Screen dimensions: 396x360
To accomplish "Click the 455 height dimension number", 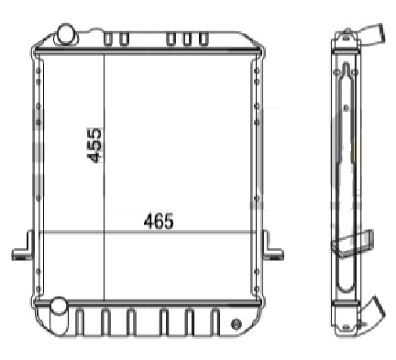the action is click(x=93, y=145).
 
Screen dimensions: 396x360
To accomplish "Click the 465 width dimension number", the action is click(x=159, y=222).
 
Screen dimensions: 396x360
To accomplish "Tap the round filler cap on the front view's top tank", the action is click(x=66, y=33).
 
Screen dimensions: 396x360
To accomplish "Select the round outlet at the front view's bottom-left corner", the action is click(x=58, y=306).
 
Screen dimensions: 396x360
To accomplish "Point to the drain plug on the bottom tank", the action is click(x=236, y=324).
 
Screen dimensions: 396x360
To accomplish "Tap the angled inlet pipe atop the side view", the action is click(x=371, y=34).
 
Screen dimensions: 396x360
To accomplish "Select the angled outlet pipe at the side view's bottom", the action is click(x=373, y=311).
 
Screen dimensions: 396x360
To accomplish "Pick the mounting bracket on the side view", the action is click(x=353, y=243).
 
